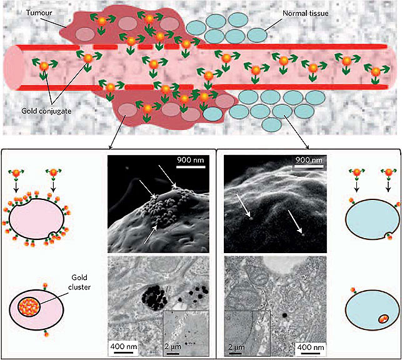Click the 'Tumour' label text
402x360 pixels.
(39, 12)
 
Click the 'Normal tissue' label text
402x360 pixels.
(305, 13)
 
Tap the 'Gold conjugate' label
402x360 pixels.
(46, 111)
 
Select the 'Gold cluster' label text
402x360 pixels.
(79, 282)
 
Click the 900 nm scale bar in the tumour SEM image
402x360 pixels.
(191, 167)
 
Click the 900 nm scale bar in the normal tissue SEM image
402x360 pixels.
(309, 167)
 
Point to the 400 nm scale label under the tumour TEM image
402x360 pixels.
(124, 347)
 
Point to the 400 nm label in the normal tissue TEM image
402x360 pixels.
(311, 347)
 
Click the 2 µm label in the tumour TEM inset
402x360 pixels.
(173, 347)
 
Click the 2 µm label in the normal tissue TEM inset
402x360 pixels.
(236, 347)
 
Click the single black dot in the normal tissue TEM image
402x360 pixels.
(284, 314)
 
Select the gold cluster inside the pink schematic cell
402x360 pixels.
(29, 306)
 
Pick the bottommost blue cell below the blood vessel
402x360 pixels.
(271, 124)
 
